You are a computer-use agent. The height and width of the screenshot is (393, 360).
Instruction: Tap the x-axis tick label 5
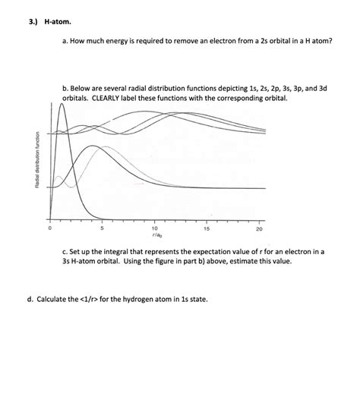tap(102, 228)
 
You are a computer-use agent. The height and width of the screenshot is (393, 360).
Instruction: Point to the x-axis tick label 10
tap(154, 228)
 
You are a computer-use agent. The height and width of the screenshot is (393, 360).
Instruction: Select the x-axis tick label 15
tap(207, 228)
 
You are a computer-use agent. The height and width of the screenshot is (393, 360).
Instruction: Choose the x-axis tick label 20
tap(259, 228)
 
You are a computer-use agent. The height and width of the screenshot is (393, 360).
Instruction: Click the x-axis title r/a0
tap(155, 235)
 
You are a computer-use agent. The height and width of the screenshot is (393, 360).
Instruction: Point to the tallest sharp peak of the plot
tap(62, 104)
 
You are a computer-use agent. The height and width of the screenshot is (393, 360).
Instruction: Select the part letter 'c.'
tap(66, 250)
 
